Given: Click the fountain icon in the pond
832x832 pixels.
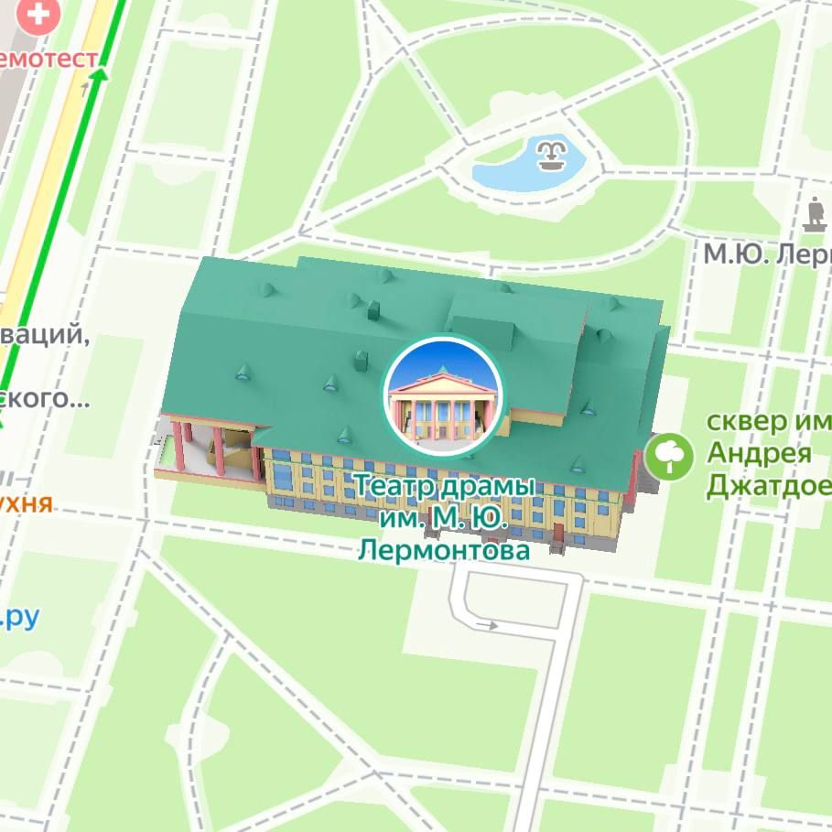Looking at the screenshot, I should (549, 157).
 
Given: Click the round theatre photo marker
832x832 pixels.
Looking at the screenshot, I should (443, 394).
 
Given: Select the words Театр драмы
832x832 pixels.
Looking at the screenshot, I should (443, 486).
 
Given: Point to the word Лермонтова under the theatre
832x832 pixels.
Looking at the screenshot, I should (443, 550).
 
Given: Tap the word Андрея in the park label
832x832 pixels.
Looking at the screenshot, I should (759, 454).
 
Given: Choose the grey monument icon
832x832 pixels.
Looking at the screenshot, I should (814, 216).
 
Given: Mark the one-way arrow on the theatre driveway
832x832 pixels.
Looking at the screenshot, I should (486, 626).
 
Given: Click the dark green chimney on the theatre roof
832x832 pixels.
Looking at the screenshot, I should (373, 311).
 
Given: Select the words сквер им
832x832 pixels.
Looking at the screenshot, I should (769, 423).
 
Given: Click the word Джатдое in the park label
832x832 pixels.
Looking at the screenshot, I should (769, 485).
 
